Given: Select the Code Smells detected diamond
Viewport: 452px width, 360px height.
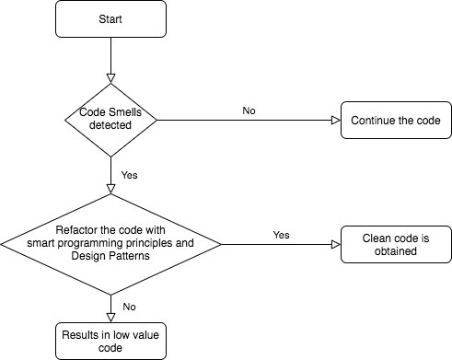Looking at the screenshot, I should [x=110, y=120].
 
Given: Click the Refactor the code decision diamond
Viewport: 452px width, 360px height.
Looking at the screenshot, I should [x=110, y=245].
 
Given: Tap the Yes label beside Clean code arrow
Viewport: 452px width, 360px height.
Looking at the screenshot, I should [x=282, y=235].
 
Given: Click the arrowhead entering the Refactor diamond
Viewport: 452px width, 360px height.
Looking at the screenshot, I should [x=110, y=189].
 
